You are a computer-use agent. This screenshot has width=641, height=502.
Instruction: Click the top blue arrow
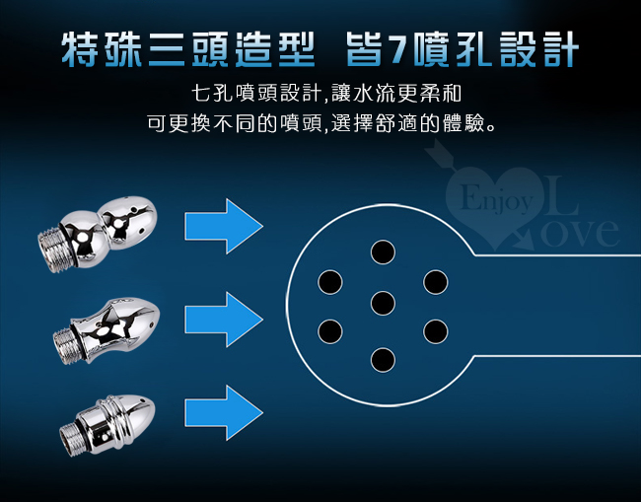[224, 226]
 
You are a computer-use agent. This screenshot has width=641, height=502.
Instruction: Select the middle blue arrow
[224, 320]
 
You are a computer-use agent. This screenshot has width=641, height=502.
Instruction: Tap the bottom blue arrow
[224, 412]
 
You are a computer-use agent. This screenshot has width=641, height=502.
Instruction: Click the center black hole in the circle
[383, 304]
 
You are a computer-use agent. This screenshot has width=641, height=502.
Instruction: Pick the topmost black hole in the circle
[383, 251]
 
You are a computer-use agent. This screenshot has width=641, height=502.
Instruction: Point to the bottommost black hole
[383, 360]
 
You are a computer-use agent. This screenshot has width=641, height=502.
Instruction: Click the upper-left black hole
[330, 282]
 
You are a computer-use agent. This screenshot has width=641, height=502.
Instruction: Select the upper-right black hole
[436, 282]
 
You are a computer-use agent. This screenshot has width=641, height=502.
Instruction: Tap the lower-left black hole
[330, 331]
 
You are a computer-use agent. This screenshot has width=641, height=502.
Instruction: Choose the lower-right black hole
[436, 331]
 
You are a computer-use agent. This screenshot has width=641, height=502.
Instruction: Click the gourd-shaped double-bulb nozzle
[98, 233]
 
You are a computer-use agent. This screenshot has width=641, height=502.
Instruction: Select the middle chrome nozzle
[107, 329]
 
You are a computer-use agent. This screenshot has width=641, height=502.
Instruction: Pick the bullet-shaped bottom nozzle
[107, 424]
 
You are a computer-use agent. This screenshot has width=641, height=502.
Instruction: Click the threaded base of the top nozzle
[52, 251]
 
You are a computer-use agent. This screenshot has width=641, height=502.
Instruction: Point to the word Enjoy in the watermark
[496, 199]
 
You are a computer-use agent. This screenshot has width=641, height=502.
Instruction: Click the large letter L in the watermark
[561, 195]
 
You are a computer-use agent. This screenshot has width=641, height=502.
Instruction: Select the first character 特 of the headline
[81, 49]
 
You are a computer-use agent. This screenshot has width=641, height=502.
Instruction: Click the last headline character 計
[560, 49]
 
